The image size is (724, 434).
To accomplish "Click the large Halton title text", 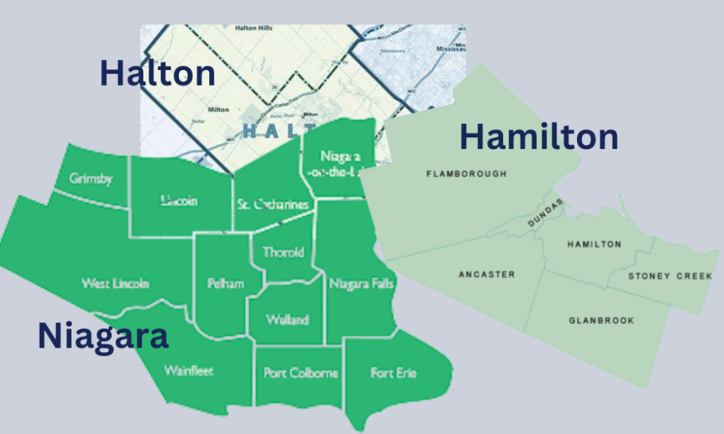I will click(x=157, y=74).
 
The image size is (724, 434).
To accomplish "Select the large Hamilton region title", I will click(x=539, y=137).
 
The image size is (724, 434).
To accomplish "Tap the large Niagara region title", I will click(x=103, y=337).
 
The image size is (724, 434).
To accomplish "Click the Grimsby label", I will click(x=91, y=179).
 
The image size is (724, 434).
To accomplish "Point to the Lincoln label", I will click(x=179, y=201).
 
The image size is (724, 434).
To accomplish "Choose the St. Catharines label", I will click(x=273, y=204).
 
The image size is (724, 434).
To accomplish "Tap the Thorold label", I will click(x=283, y=252).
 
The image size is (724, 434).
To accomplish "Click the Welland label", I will click(x=287, y=320).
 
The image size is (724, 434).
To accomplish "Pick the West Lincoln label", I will click(x=115, y=283).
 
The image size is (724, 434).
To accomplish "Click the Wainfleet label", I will click(x=188, y=371).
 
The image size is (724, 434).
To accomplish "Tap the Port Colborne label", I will click(x=301, y=373).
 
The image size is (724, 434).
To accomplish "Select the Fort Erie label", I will click(x=393, y=373).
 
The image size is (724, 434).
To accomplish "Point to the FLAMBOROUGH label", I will click(x=467, y=174).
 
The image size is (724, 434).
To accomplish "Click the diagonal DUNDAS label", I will click(x=545, y=213).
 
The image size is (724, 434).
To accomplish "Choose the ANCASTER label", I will click(x=487, y=275).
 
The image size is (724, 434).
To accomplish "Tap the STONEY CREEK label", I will click(x=670, y=276).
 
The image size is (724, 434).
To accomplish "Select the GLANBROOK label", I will click(x=601, y=320).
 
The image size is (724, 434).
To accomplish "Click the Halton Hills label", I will click(x=253, y=28).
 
